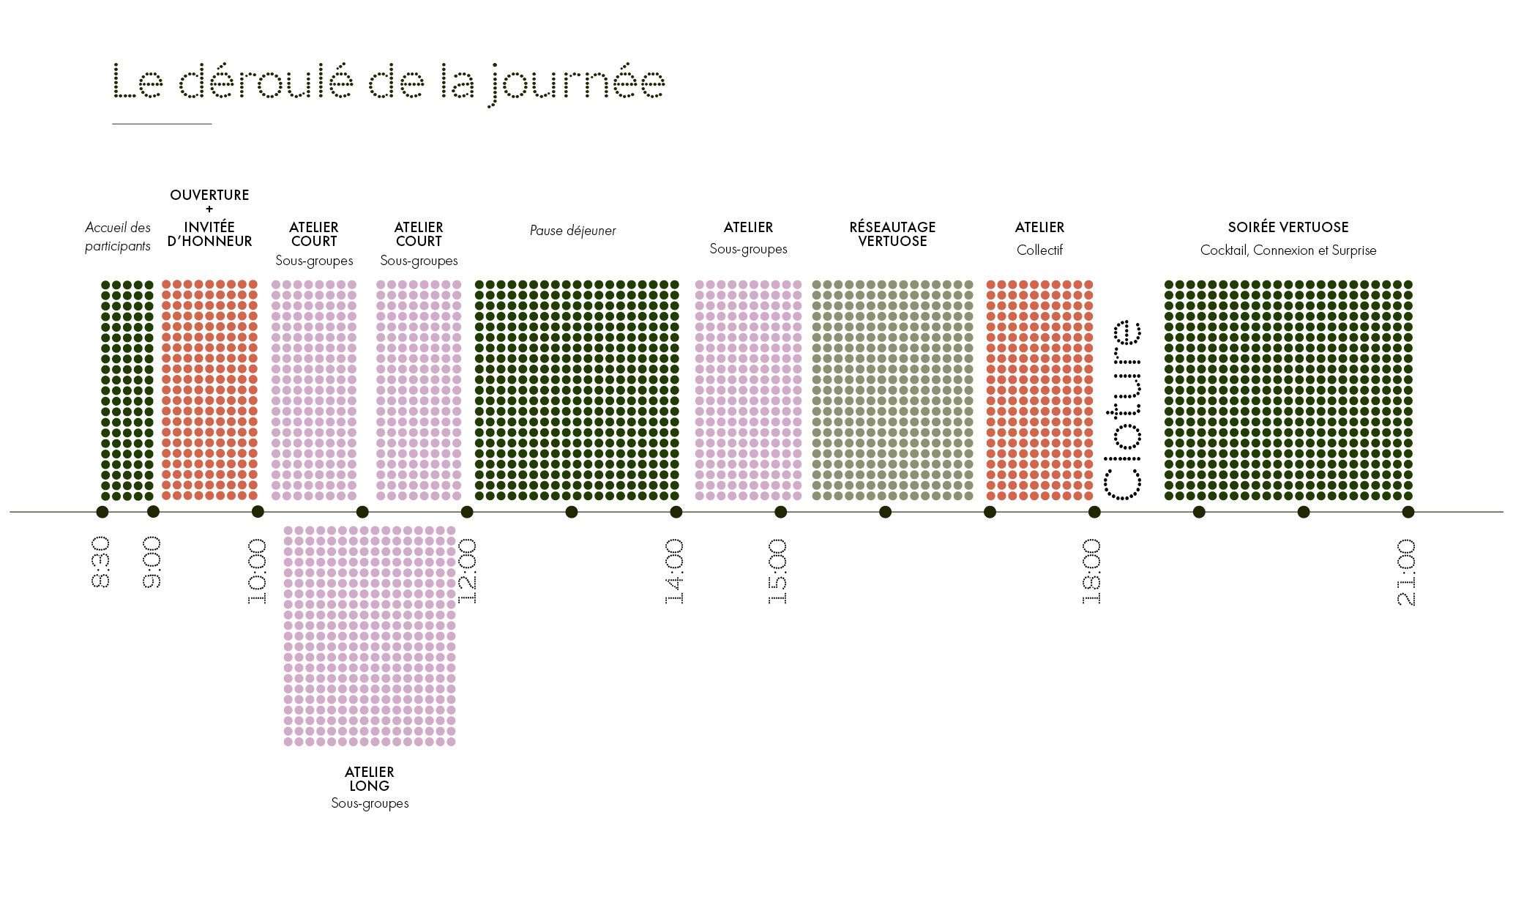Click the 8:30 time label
tap(101, 562)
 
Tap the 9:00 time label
tap(152, 562)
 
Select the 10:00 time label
tap(257, 571)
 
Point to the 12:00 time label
tap(467, 571)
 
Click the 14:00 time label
tap(675, 571)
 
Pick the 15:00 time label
tap(778, 571)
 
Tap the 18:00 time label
tap(1091, 571)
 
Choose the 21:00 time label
tap(1406, 572)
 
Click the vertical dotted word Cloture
tap(1122, 410)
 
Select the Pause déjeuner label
tap(572, 231)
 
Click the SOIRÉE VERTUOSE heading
tap(1288, 228)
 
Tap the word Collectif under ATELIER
tap(1039, 250)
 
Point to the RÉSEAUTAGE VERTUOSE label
tap(892, 234)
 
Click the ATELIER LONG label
tap(370, 779)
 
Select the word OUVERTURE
tap(209, 196)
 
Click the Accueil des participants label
tap(118, 237)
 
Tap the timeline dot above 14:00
tap(676, 512)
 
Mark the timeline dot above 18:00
tap(1094, 512)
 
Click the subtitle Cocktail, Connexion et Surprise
tap(1288, 250)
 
